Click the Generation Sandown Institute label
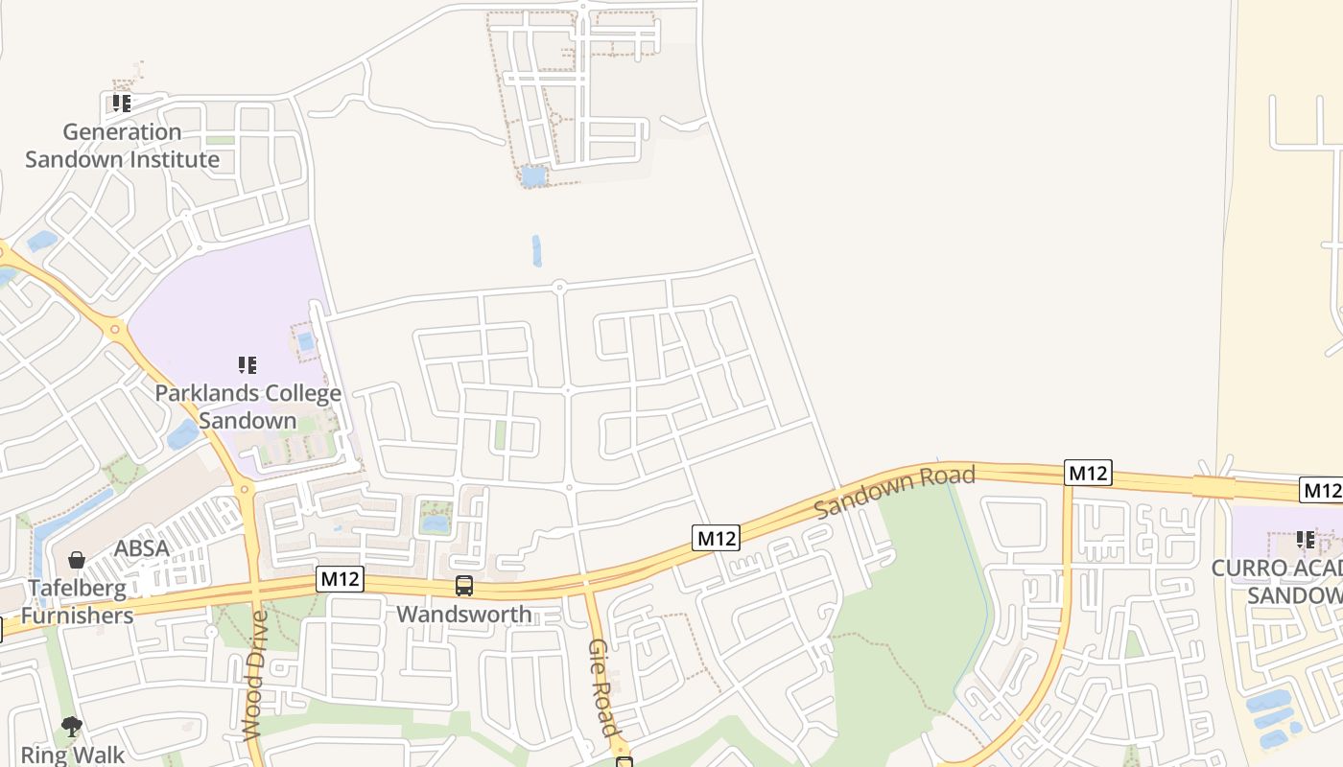pos(122,146)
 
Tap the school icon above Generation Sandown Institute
pos(121,103)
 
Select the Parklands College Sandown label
pos(247,407)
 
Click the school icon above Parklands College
pos(247,364)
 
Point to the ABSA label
pos(141,548)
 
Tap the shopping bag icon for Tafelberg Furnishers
pos(77,560)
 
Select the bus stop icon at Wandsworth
pos(464,585)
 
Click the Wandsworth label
pos(464,614)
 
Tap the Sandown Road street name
pos(894,491)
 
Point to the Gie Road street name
pos(601,687)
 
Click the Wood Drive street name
pos(255,675)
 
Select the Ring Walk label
pos(73,755)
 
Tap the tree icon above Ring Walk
pos(72,727)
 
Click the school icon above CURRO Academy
pos(1305,540)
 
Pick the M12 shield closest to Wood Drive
pos(340,579)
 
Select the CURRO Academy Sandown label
pos(1277,581)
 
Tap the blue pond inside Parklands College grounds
pos(305,341)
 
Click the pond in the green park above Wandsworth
pos(435,523)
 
